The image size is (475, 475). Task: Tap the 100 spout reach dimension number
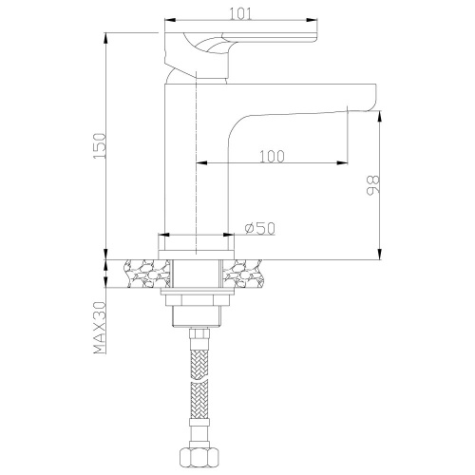[271, 156]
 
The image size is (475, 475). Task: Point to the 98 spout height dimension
[371, 182]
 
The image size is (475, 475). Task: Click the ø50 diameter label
[259, 228]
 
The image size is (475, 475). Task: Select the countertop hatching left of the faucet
[146, 274]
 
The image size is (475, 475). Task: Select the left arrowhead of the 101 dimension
[170, 21]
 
